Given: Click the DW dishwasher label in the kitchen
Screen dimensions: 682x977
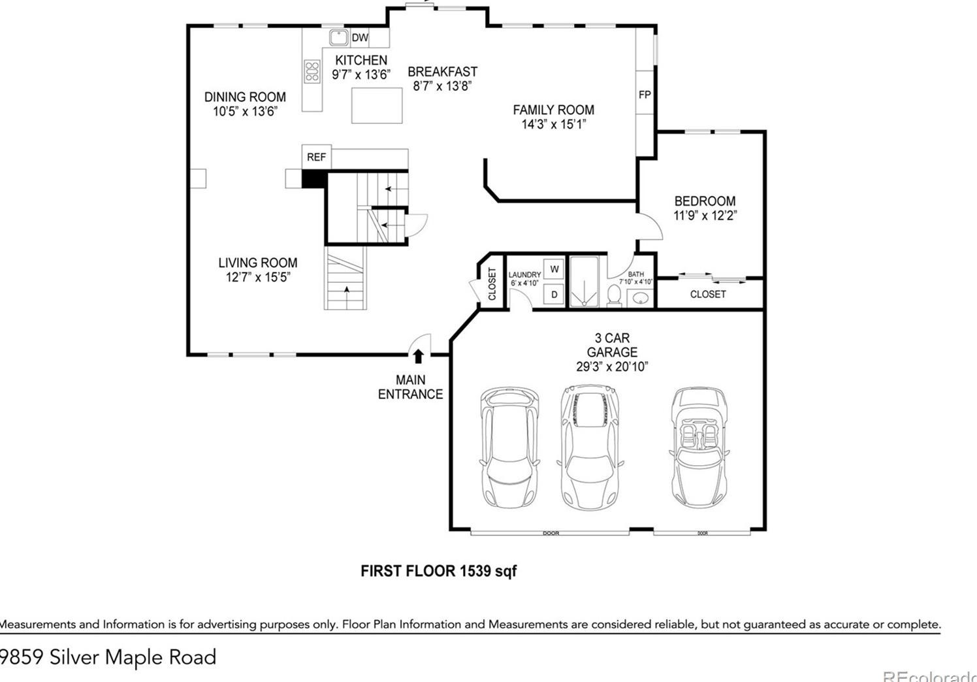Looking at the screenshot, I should click(x=360, y=38).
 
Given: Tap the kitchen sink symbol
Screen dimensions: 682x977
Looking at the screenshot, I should click(x=338, y=38).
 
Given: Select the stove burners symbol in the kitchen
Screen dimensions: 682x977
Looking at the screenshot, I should click(x=312, y=71).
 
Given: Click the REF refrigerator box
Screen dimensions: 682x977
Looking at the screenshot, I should click(x=316, y=157).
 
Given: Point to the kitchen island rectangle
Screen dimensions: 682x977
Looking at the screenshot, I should click(x=377, y=106).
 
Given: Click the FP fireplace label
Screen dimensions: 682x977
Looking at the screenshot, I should click(x=645, y=95).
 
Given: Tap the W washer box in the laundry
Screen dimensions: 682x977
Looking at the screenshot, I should click(x=554, y=269).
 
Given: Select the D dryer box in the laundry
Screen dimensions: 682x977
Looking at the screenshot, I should click(x=554, y=295).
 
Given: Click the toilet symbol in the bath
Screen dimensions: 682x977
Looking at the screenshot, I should click(x=614, y=295).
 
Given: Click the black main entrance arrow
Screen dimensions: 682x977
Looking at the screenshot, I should click(x=419, y=356).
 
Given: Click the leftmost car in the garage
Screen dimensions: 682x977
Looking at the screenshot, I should click(x=510, y=448).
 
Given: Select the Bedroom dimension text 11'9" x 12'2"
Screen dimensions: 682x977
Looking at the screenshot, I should click(x=705, y=216).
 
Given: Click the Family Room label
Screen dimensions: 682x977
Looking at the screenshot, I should click(x=553, y=110).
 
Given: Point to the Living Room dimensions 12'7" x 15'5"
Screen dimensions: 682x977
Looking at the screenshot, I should click(x=258, y=277).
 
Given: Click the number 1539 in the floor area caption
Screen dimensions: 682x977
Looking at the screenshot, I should click(x=475, y=571).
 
